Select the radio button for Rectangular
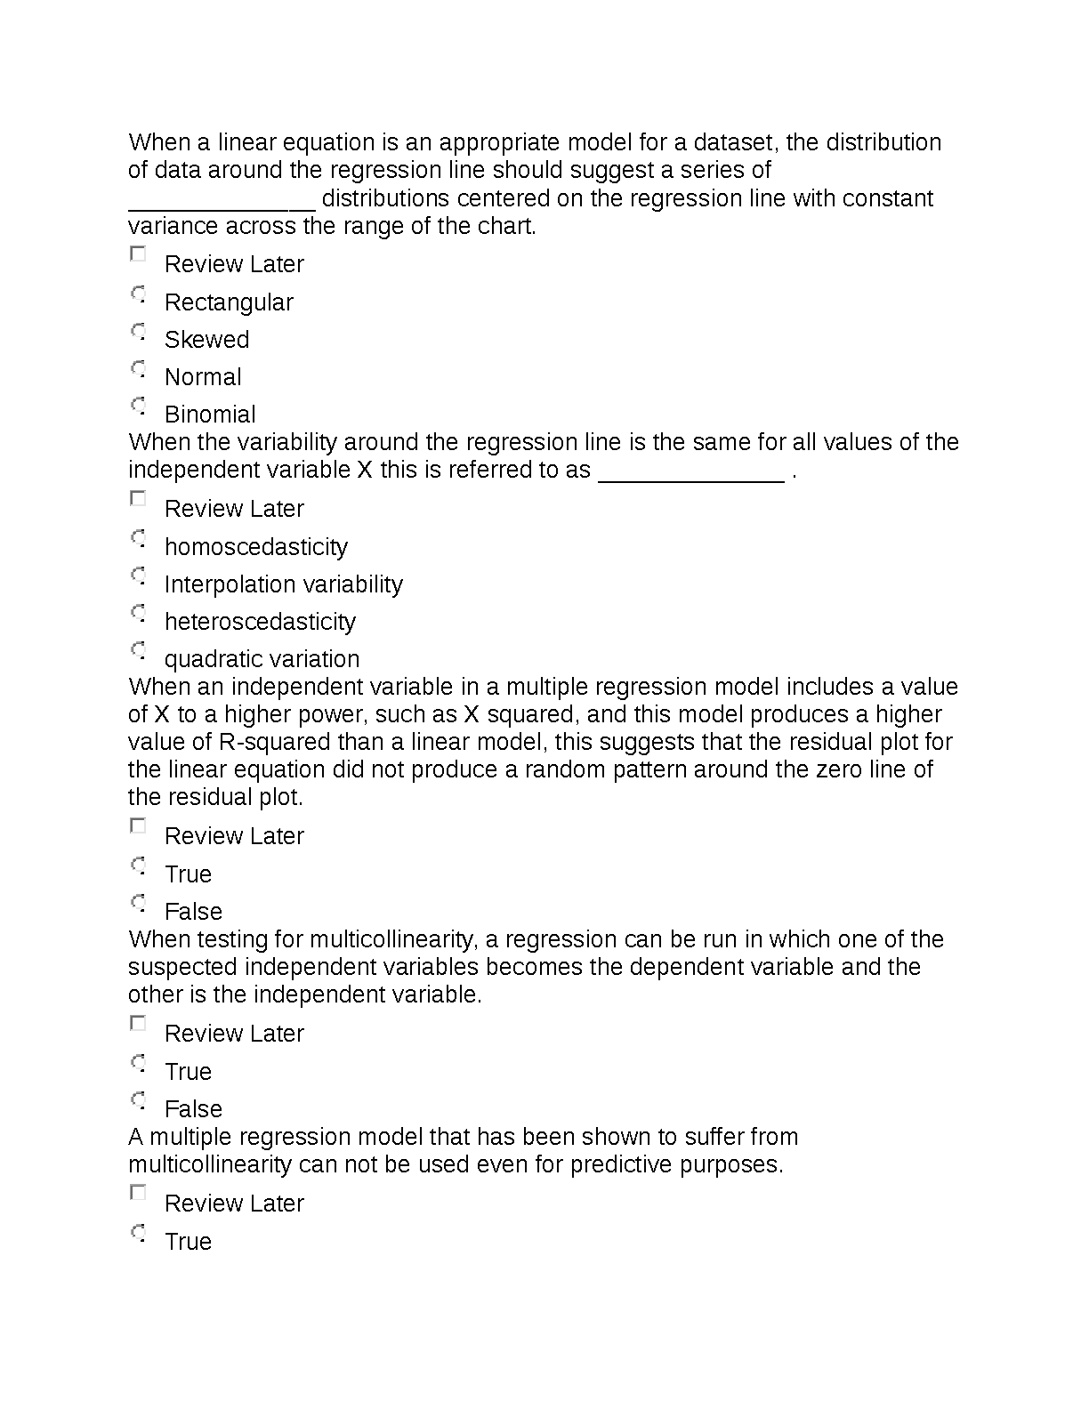[138, 294]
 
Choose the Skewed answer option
[138, 331]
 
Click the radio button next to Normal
[138, 368]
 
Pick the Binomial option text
[210, 415]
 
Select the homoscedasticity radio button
[138, 538]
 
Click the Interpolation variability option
[283, 584]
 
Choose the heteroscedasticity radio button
[138, 613]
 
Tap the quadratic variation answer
[262, 659]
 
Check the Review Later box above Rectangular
[138, 254]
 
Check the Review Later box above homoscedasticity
[138, 499]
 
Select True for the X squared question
[138, 866]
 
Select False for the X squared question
[138, 903]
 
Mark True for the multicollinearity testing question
[138, 1063]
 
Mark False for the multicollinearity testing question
[138, 1100]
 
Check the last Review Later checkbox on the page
[138, 1193]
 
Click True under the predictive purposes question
[138, 1233]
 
